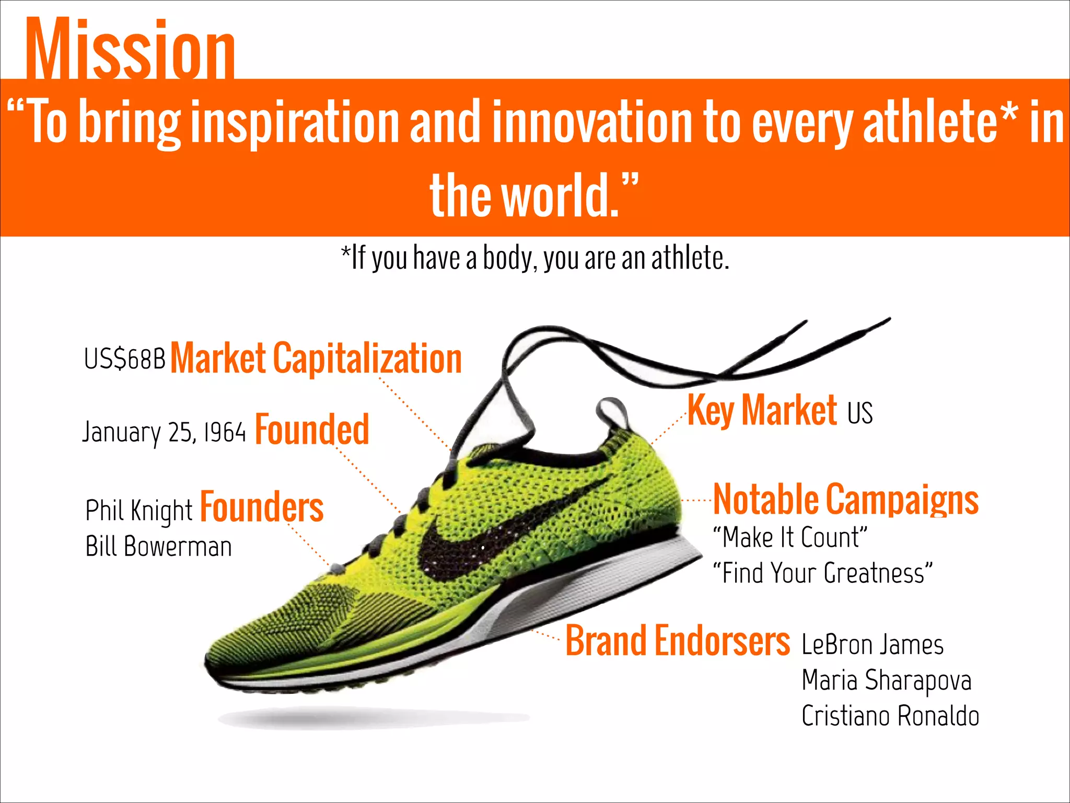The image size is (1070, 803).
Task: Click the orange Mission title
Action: (130, 50)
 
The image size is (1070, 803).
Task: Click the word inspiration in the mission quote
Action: (295, 122)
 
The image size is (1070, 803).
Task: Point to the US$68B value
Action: (124, 359)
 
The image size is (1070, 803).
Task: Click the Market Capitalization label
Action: (316, 359)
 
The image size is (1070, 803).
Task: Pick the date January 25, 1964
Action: (164, 432)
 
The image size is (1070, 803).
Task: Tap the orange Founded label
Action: (312, 430)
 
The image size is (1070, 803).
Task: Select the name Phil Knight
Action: (139, 510)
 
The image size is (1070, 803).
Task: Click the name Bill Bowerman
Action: (158, 547)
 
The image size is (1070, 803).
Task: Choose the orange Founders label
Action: (262, 507)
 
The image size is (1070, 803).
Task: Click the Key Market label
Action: (762, 410)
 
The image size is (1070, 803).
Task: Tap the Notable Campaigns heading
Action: (845, 500)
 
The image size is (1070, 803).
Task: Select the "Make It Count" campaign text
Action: (790, 537)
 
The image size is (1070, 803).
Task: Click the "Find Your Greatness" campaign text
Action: (822, 573)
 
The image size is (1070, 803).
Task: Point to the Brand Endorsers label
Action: (677, 640)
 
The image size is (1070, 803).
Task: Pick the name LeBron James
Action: (873, 645)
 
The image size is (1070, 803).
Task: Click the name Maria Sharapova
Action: (886, 681)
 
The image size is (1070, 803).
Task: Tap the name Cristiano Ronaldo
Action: (890, 716)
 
